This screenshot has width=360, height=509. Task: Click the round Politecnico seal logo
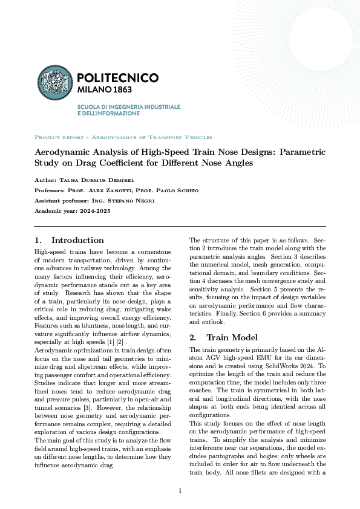[x=56, y=83]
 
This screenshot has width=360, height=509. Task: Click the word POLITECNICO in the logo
[x=119, y=78]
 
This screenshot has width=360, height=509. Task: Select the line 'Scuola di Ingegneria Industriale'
[x=128, y=106]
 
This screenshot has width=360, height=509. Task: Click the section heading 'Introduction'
[x=77, y=240]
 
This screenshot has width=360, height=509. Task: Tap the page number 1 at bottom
[x=180, y=491]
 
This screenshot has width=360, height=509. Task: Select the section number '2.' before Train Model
[x=194, y=337]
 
